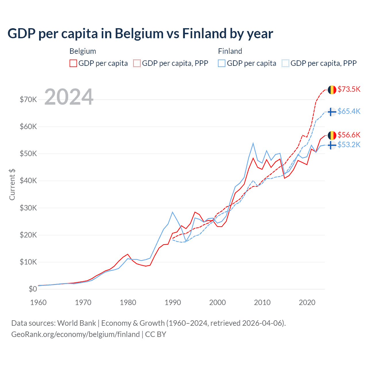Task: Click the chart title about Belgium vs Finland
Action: click(140, 34)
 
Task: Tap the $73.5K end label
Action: click(349, 89)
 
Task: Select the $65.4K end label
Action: click(349, 111)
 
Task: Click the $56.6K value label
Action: click(349, 135)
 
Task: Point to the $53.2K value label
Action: click(349, 145)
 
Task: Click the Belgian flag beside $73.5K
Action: click(332, 90)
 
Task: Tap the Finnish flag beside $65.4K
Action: click(332, 112)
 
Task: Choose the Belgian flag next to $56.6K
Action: click(332, 135)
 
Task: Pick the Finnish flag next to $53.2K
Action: click(332, 145)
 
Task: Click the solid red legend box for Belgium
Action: click(73, 63)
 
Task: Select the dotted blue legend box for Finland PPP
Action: click(285, 63)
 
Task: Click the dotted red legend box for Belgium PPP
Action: click(137, 63)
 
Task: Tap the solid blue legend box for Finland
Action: click(222, 63)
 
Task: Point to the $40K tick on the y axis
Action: click(28, 181)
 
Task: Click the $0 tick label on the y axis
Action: click(33, 289)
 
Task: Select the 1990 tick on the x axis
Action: click(173, 302)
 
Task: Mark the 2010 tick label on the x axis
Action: click(262, 302)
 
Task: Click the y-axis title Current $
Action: click(12, 185)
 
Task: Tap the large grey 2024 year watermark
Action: click(69, 97)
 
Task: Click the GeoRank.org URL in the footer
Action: click(75, 334)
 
